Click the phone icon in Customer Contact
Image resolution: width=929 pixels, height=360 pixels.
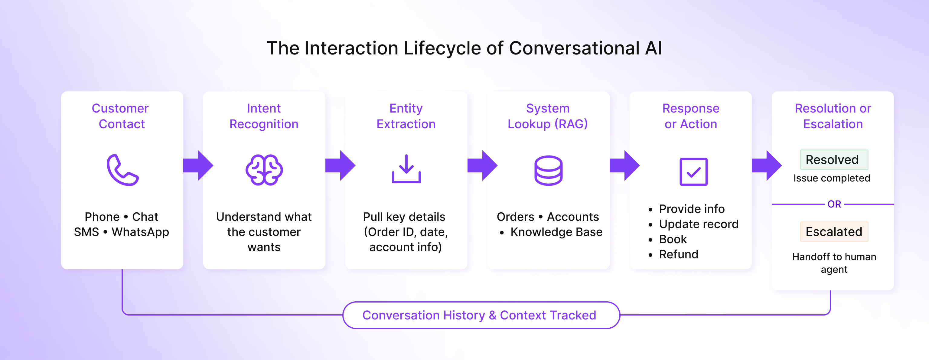(122, 170)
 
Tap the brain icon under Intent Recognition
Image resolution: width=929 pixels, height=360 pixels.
(264, 170)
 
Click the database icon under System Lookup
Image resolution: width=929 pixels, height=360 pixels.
(548, 170)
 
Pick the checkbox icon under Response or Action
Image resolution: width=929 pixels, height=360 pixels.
(693, 172)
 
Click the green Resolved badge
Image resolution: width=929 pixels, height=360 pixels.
(833, 160)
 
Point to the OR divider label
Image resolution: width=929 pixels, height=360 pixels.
(834, 204)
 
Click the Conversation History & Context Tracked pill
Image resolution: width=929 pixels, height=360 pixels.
(481, 315)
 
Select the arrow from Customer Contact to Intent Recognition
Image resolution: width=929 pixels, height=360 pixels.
(198, 165)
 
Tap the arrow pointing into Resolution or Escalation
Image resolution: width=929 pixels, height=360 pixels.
(766, 165)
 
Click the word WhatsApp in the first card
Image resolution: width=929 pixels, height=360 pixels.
(140, 232)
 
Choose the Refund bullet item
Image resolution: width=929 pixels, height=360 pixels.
(678, 254)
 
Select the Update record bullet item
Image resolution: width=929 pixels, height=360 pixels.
(698, 224)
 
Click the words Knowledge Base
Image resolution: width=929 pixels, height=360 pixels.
(556, 232)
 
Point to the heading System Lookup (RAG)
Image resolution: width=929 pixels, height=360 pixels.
(547, 116)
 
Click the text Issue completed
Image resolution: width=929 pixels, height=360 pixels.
(831, 178)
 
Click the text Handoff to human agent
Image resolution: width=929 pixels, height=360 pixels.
(833, 263)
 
